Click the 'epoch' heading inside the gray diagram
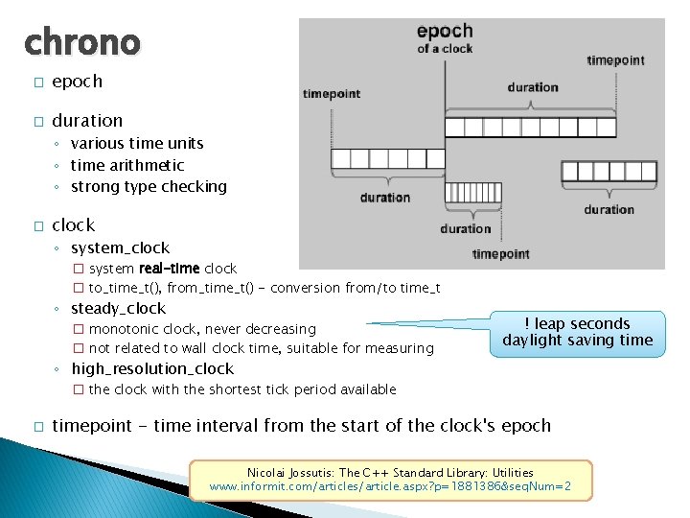445,32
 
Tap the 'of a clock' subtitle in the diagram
445,49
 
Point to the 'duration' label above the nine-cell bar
533,87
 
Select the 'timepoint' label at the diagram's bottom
500,254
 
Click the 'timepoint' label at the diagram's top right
615,59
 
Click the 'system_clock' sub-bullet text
120,247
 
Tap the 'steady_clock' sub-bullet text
118,308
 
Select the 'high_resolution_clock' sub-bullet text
152,368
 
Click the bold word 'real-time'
170,269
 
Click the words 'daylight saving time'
578,341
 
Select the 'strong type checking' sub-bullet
149,186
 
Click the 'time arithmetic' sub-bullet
127,165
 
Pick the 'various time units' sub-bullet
137,143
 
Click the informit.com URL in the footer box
390,487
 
